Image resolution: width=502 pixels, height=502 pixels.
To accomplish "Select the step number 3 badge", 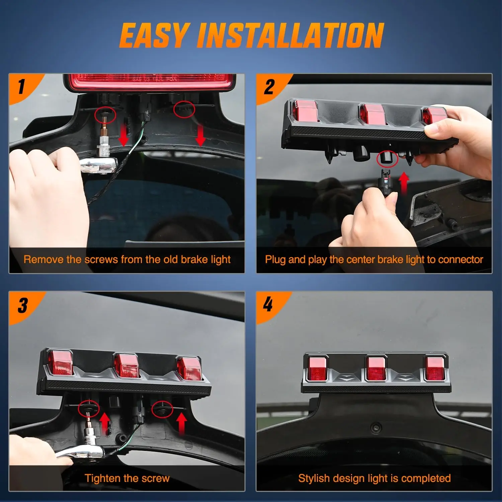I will pyautogui.click(x=23, y=306).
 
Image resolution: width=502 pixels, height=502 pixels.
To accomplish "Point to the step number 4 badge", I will pyautogui.click(x=268, y=305).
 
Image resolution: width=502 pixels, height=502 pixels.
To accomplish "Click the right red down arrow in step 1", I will pyautogui.click(x=200, y=135).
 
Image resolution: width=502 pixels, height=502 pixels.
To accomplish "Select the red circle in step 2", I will pyautogui.click(x=387, y=158).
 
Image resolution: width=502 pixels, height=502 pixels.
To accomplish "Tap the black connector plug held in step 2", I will pyautogui.click(x=385, y=182).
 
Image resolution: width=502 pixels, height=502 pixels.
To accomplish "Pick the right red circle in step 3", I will pyautogui.click(x=162, y=410).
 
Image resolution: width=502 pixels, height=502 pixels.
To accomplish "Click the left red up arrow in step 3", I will pyautogui.click(x=105, y=422).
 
